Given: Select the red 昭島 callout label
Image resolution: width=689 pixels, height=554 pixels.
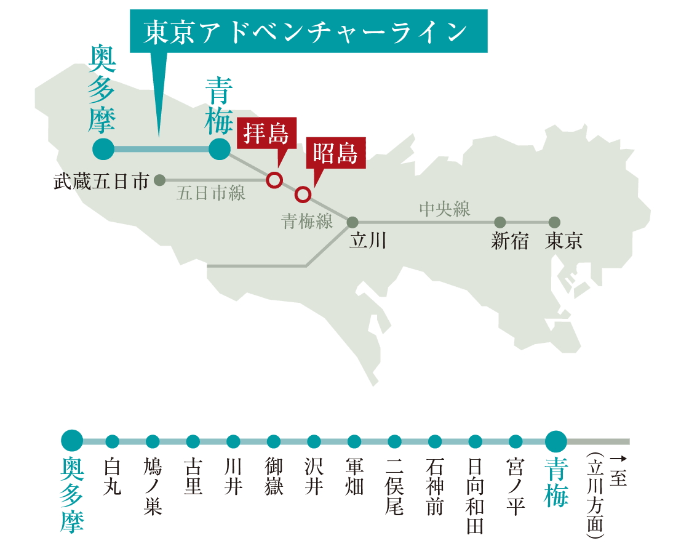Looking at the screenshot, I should coord(335,153).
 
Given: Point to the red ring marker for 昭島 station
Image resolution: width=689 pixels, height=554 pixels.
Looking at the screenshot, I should coord(302,195).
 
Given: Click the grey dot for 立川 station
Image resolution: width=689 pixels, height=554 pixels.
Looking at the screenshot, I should coord(352,222).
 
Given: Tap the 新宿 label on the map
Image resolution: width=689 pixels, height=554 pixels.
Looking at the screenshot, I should coord(509,241).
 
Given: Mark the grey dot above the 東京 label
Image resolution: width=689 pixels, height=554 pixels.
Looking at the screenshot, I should coord(554,222).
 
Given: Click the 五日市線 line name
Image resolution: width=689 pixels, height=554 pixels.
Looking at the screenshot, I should coord(210,193).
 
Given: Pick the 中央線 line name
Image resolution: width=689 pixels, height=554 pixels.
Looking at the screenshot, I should coord(444,209).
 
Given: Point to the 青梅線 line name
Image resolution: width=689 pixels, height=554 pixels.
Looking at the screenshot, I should coord(308,222).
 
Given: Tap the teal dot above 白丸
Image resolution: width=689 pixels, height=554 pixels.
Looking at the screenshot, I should coord(113,441).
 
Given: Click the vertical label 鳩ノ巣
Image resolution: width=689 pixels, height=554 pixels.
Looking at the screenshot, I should coord(153,486).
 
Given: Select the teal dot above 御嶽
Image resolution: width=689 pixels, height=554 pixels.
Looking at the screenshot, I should coord(274,441).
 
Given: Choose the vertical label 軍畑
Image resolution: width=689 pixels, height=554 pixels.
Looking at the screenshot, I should coord(354,476).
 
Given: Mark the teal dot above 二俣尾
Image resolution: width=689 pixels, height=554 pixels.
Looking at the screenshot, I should coord(394,441).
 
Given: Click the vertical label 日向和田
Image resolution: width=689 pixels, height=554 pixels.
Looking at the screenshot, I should coord(475,495).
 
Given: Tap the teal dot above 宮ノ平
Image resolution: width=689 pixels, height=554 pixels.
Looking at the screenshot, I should coord(516,441).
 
